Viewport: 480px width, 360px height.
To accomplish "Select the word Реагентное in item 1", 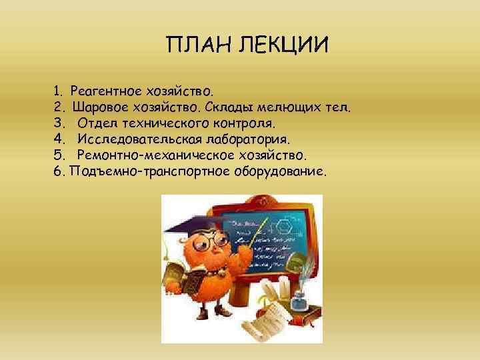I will (x=103, y=89).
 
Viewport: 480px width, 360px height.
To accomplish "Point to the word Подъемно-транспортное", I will (x=148, y=171).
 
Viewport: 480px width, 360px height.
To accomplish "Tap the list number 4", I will (x=58, y=139).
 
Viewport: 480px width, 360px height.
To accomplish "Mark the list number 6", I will (x=58, y=171).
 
